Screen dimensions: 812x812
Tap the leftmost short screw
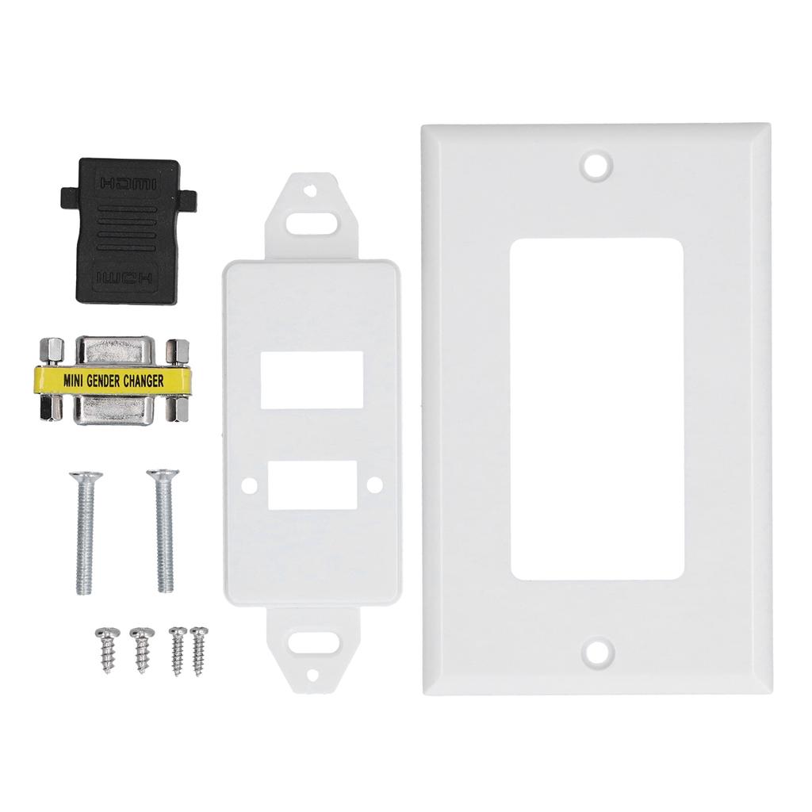[106, 649]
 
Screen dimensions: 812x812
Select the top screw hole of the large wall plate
[596, 165]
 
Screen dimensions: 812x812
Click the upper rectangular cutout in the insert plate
[312, 380]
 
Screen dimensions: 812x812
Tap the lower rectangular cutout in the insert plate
[312, 485]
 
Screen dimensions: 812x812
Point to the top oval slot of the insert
[311, 221]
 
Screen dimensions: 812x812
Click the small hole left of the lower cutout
[249, 484]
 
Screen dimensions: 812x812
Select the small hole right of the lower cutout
[375, 483]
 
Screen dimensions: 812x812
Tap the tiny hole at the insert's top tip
[311, 191]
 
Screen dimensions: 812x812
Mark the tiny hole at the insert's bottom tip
[311, 675]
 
